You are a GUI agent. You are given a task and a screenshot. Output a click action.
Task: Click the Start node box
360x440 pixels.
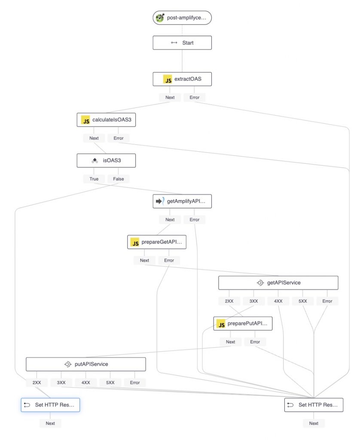182,43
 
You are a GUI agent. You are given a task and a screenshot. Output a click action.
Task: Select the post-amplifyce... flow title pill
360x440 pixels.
182,18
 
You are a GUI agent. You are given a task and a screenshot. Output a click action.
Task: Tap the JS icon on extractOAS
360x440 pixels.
168,79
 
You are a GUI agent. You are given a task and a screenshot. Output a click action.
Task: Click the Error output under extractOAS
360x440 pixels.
195,98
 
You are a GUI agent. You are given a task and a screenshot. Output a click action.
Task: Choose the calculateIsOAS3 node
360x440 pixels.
106,120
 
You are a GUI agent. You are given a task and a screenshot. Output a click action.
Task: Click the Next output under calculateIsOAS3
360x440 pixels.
94,138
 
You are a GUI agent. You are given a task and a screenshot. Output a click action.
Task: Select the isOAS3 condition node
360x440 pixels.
106,161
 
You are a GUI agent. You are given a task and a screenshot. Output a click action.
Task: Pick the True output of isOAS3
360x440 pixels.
94,179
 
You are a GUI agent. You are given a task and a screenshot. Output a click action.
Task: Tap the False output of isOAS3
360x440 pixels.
119,179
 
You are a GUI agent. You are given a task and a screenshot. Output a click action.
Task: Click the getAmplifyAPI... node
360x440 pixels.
182,201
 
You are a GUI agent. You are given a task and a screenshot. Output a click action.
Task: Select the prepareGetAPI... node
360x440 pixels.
157,242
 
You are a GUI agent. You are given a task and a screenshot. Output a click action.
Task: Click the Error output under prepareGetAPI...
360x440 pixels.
169,260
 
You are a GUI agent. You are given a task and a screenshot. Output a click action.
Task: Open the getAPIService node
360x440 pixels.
278,283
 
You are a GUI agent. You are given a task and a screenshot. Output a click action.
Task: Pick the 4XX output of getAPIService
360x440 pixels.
278,301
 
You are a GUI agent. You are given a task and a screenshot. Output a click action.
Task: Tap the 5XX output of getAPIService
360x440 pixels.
303,301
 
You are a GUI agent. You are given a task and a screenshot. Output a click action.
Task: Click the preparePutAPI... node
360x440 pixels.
243,324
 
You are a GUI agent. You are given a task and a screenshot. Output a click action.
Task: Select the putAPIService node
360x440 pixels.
85,364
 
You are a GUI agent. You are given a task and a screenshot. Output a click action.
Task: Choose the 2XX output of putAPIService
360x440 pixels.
37,382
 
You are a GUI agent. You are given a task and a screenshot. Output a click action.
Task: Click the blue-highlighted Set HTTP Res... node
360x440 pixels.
50,405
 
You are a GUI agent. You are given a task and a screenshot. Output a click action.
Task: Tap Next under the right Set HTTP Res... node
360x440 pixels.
314,423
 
